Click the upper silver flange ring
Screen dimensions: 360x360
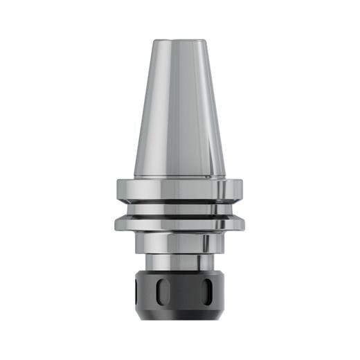point(179,188)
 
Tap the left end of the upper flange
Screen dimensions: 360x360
point(119,188)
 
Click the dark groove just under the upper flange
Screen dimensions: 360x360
point(179,201)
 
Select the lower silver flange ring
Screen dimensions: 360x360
point(179,224)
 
